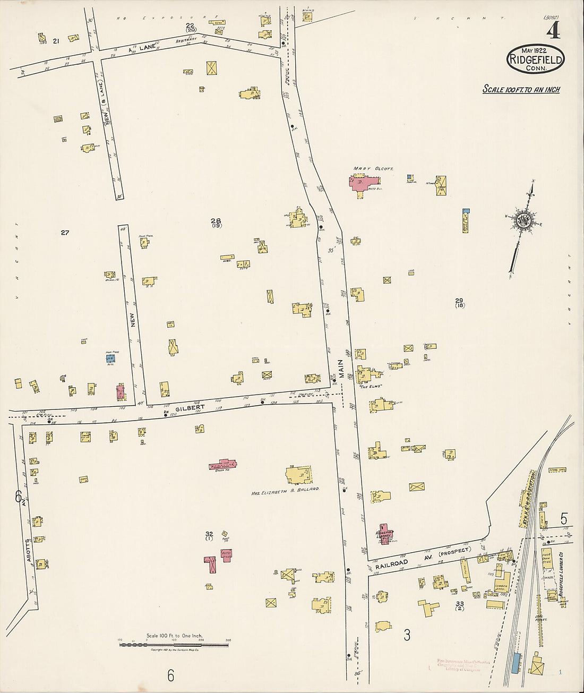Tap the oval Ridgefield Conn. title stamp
pos(535,59)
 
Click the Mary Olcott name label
pos(373,168)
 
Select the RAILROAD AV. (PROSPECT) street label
pos(423,558)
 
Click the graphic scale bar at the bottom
pos(174,645)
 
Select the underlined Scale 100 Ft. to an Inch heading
pos(521,89)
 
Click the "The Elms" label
pos(371,387)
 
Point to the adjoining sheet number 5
pos(563,518)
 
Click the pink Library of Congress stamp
pos(458,665)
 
